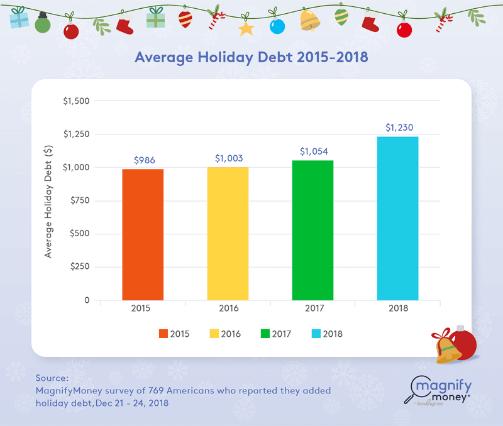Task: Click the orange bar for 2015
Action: click(x=143, y=234)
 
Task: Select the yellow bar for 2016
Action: click(x=228, y=233)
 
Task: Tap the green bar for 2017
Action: click(x=312, y=230)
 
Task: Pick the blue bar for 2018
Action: click(x=397, y=218)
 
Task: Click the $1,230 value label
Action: click(x=399, y=128)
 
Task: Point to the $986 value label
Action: click(x=144, y=161)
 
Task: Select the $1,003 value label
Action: click(x=229, y=158)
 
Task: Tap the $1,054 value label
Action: click(x=314, y=151)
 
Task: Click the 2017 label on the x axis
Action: click(x=312, y=309)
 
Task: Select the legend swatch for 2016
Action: click(x=214, y=334)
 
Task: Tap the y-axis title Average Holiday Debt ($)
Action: click(x=48, y=200)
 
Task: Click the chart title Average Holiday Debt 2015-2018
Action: click(x=251, y=57)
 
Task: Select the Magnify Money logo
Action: click(x=441, y=391)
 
